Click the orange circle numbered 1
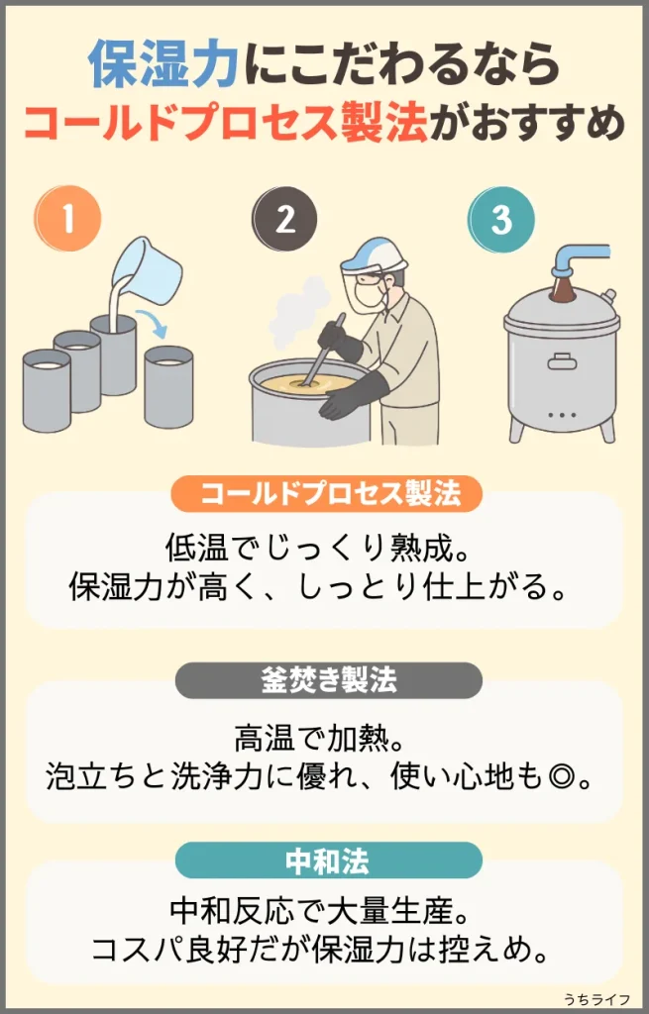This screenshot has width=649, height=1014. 67,218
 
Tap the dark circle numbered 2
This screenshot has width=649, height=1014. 284,219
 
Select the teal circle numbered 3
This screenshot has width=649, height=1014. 501,219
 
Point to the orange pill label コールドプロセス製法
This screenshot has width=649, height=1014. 327,494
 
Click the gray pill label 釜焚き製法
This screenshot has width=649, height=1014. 329,680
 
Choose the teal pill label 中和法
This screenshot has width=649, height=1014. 329,861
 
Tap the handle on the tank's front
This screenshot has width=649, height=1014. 562,360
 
